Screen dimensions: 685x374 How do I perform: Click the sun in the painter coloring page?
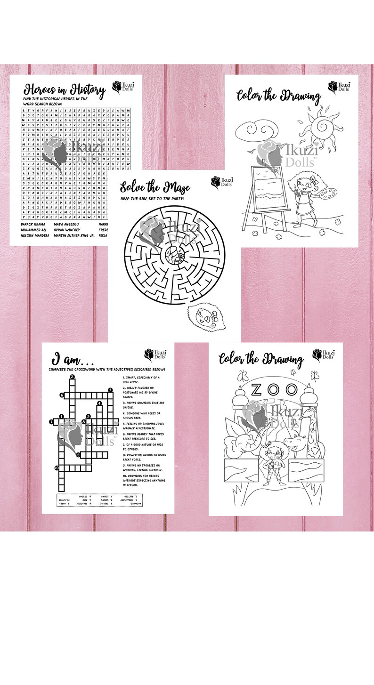coord(323,124)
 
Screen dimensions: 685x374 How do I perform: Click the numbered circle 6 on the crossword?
coord(62,395)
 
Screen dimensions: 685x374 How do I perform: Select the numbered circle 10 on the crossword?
coord(56,467)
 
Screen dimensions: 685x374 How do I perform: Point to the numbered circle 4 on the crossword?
coord(99,403)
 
